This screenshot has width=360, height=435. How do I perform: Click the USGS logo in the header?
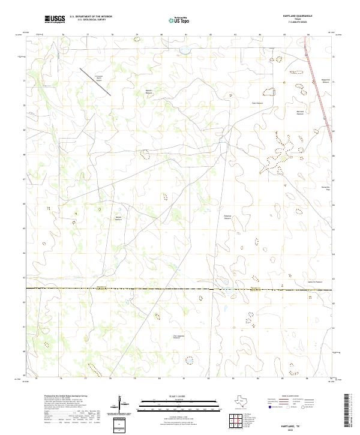coord(55,19)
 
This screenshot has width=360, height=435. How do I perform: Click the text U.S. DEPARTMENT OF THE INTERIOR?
coord(91,17)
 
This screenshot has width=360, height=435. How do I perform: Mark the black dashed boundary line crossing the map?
coord(180,289)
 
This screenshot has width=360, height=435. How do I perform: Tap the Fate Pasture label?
coord(257,103)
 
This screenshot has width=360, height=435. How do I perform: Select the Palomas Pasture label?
coord(227,217)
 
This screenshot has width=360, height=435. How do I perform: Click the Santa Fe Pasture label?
coord(315,281)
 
